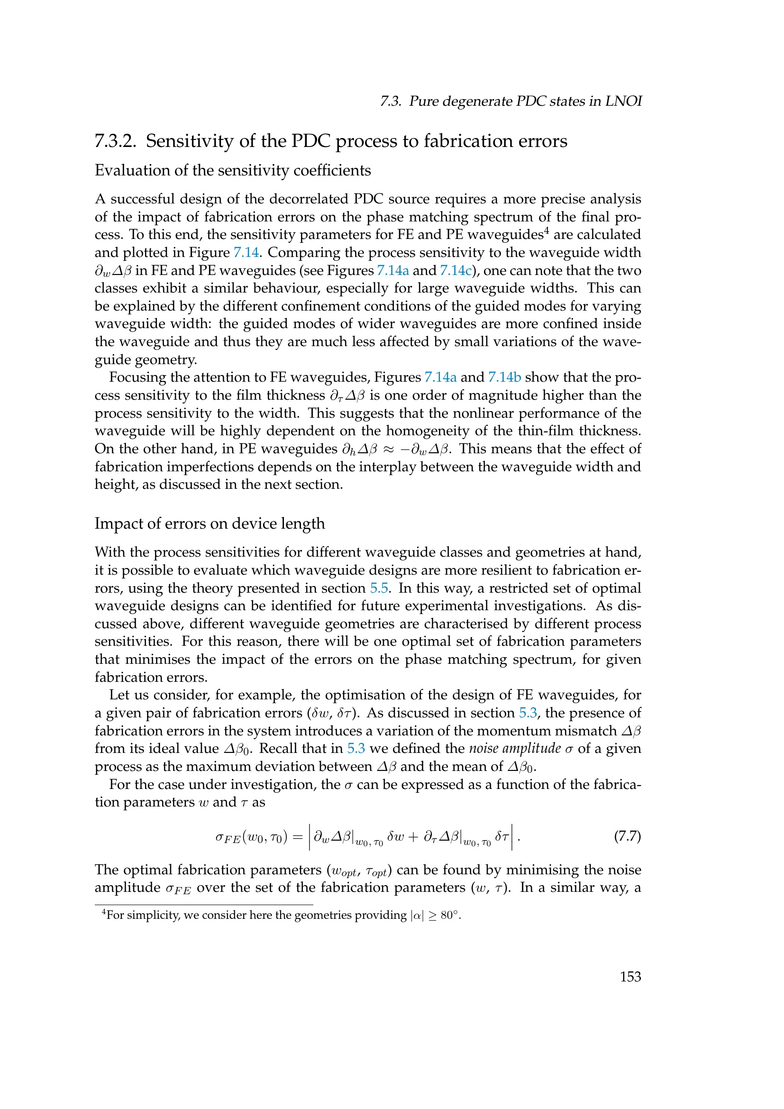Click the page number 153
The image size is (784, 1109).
[x=630, y=977]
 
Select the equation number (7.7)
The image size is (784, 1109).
[x=627, y=836]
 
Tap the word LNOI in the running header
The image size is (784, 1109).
[x=626, y=101]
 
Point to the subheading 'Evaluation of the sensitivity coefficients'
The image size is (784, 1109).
[x=233, y=171]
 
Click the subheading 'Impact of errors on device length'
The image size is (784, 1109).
[x=210, y=523]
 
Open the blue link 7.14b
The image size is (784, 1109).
[x=504, y=377]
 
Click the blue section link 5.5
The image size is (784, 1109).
[x=379, y=588]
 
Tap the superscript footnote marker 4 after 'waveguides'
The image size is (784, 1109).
[x=547, y=230]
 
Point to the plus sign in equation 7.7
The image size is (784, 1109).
[x=413, y=836]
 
